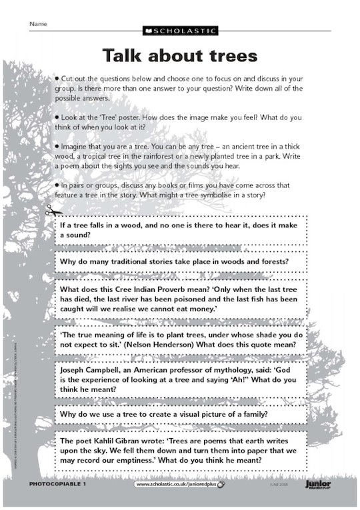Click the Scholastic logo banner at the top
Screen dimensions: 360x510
click(x=179, y=31)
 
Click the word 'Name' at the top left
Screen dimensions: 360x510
click(x=38, y=23)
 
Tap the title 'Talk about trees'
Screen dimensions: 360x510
click(x=179, y=55)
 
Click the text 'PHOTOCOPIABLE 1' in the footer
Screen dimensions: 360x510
click(x=58, y=483)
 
